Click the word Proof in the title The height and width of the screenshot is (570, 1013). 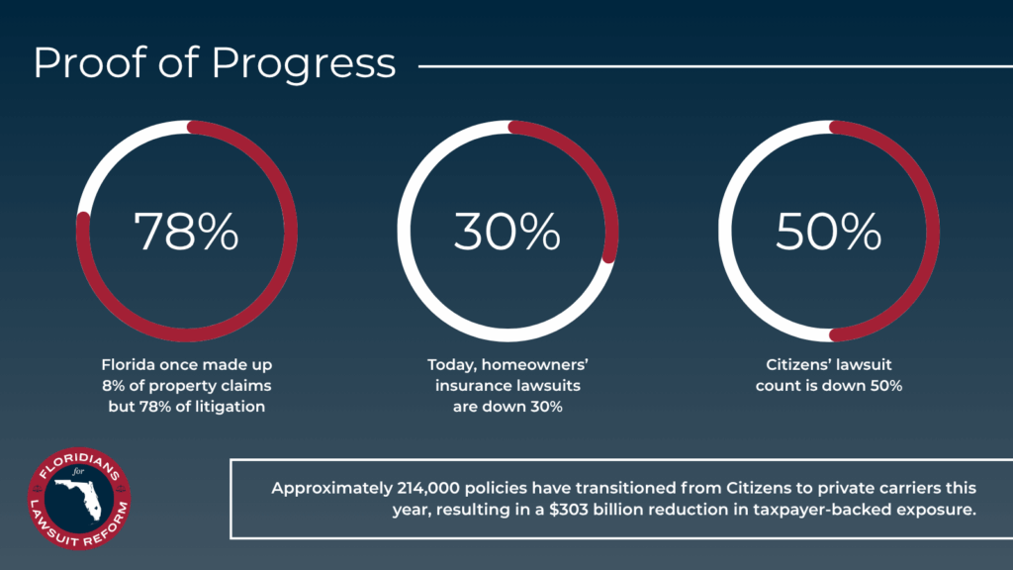click(90, 62)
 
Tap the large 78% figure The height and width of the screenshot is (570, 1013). click(186, 231)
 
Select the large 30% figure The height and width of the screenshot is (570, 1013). click(507, 231)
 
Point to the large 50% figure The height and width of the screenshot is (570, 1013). click(828, 231)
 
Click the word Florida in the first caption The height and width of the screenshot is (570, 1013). click(128, 364)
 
